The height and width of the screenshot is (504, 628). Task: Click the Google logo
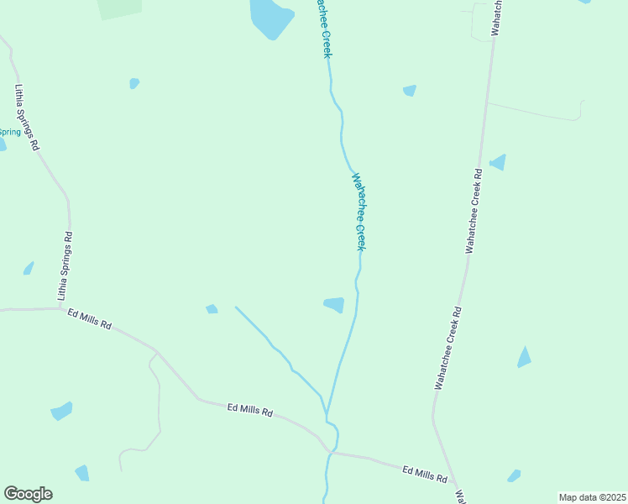28,494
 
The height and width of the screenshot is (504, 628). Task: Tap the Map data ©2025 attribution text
592,497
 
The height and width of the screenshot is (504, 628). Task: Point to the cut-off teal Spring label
9,132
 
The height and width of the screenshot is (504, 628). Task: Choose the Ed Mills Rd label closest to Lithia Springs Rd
90,319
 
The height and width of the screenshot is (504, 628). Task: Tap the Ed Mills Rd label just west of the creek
250,411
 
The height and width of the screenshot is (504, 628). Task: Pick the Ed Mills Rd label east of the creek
424,475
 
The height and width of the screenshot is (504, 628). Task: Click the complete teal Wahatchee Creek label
359,212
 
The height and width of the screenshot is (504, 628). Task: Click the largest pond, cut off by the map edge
270,17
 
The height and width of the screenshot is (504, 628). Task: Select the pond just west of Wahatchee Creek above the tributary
334,304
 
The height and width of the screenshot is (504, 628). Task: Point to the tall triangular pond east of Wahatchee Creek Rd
525,358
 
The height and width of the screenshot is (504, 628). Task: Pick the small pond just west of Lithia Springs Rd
29,268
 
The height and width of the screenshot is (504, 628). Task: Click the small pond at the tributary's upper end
212,309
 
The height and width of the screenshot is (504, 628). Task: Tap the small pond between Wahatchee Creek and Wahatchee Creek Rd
410,90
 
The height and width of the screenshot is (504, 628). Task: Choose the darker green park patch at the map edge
119,8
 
